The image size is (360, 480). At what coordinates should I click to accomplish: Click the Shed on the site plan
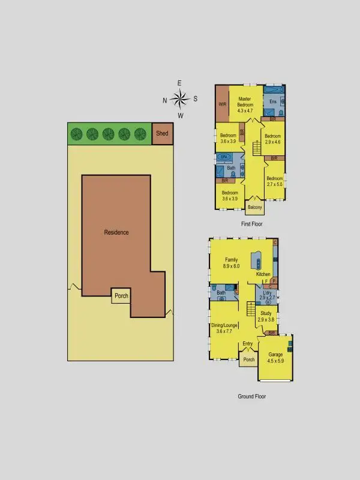[x=162, y=133]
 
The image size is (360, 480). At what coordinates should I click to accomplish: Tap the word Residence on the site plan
[x=116, y=232]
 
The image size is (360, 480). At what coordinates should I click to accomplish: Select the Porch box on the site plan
[x=121, y=296]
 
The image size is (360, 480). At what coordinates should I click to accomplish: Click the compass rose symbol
[x=179, y=98]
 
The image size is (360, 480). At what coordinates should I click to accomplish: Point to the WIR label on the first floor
[x=222, y=104]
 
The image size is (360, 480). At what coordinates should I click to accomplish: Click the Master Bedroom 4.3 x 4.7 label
[x=245, y=104]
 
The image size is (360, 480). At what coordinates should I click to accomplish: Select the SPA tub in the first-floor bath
[x=224, y=157]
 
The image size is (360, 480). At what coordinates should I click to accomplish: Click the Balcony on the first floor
[x=255, y=208]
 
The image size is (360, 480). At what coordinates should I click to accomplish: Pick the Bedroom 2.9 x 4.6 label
[x=273, y=139]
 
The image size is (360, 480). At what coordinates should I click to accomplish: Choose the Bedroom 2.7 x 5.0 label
[x=274, y=182]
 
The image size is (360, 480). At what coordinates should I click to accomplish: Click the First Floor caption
[x=252, y=224]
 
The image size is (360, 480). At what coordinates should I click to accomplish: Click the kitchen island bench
[x=259, y=259]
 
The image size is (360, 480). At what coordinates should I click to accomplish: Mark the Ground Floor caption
[x=252, y=396]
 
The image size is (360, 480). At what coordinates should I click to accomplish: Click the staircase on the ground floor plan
[x=251, y=310]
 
